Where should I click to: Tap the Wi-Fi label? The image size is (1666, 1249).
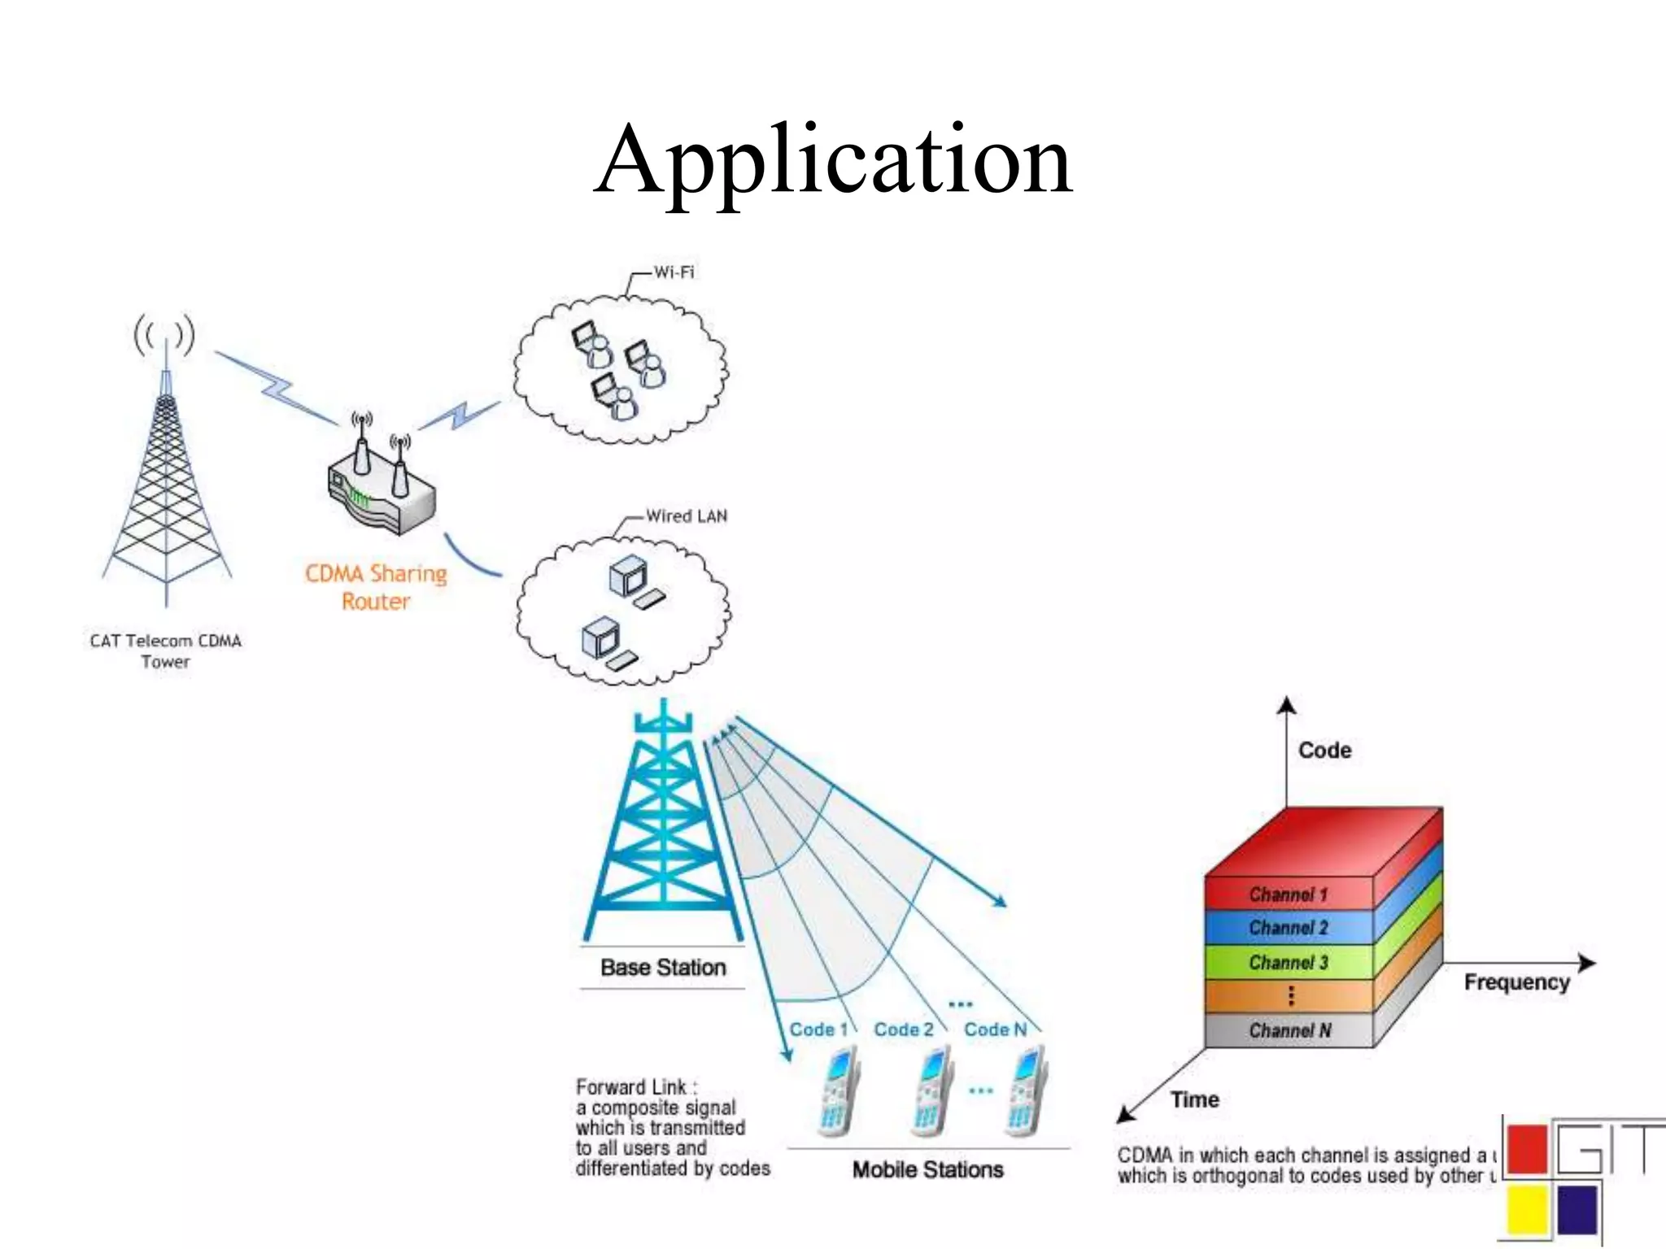674,272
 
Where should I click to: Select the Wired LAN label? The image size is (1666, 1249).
686,516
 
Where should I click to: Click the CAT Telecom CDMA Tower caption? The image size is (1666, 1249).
166,651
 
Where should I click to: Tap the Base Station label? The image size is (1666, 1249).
662,967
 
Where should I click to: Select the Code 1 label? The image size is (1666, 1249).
818,1029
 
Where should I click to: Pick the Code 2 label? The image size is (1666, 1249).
903,1029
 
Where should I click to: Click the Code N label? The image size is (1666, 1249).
995,1029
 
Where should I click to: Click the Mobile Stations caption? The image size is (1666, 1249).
927,1169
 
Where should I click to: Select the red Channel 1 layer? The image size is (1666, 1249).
1288,894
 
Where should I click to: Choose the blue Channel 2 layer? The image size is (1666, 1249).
1288,928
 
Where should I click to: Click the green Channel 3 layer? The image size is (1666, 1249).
1288,963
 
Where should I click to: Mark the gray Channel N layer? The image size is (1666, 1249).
1288,1031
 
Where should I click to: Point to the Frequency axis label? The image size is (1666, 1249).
1516,982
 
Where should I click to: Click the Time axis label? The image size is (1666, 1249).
1194,1099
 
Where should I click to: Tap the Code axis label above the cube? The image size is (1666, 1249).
1324,750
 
